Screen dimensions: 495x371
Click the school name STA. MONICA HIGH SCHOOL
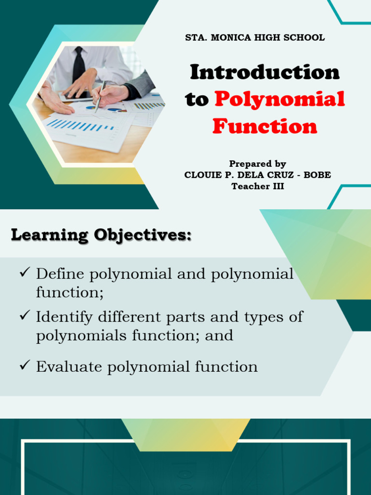(255, 38)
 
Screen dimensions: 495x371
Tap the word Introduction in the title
(265, 73)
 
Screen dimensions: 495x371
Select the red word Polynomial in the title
(280, 100)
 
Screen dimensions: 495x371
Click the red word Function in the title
(265, 127)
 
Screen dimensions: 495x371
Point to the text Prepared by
(257, 164)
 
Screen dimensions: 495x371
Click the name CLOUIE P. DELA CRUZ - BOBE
(257, 175)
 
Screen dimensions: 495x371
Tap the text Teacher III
(257, 186)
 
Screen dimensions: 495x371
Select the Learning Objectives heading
(101, 235)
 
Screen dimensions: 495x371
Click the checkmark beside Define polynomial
(25, 273)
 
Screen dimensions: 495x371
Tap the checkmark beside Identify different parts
(25, 316)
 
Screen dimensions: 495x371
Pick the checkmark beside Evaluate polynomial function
(25, 365)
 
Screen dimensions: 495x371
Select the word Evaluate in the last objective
(69, 367)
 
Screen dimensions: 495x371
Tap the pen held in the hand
(100, 96)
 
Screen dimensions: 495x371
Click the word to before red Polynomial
(197, 100)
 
